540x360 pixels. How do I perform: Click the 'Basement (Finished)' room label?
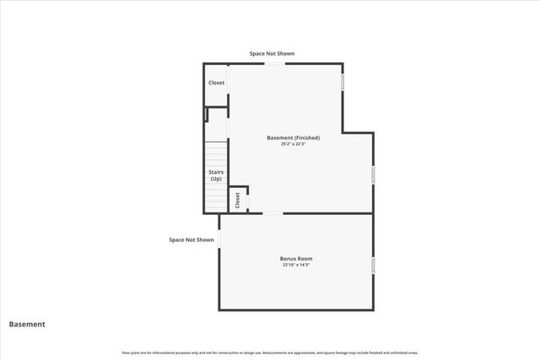click(x=293, y=137)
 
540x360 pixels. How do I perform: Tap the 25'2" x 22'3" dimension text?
click(x=293, y=144)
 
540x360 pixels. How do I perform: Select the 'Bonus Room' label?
click(x=297, y=258)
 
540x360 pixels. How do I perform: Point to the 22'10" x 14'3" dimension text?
click(x=297, y=266)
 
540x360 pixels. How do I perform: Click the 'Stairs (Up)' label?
click(x=216, y=175)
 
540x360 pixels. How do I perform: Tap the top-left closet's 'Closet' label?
click(x=217, y=83)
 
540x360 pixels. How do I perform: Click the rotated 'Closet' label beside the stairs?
click(x=237, y=200)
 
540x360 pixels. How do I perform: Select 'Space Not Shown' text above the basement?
click(x=272, y=54)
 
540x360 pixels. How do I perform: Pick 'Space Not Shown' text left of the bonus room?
click(x=192, y=239)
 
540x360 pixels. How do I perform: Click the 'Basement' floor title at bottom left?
click(x=27, y=324)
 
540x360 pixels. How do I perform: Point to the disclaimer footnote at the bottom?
click(x=270, y=352)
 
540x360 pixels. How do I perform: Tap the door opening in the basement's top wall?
click(x=274, y=63)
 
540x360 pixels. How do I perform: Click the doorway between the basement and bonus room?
click(x=273, y=213)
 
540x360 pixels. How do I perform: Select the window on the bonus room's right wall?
click(x=373, y=265)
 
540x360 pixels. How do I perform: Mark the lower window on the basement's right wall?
click(x=373, y=175)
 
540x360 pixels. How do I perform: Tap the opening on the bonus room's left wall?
click(x=219, y=239)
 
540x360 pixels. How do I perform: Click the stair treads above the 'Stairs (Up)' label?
click(x=216, y=154)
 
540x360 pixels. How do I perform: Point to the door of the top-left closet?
click(x=229, y=83)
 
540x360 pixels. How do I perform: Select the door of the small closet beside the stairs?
click(x=248, y=200)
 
